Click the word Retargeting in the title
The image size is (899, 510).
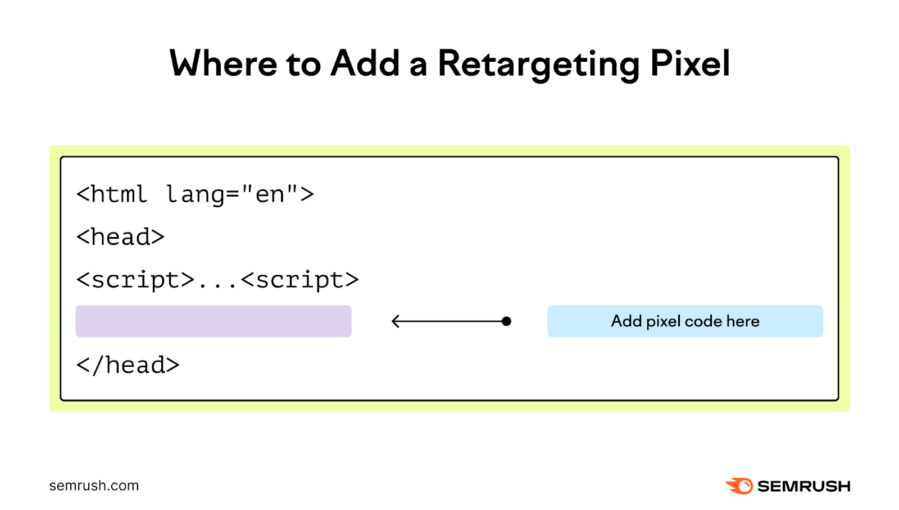(538, 63)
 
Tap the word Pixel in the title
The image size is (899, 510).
(690, 63)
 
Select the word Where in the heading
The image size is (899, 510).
(223, 63)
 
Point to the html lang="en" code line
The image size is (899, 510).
(195, 194)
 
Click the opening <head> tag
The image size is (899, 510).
(120, 237)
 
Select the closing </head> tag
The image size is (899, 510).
(128, 365)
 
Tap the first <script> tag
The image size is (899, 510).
(135, 280)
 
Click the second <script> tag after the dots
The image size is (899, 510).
(299, 280)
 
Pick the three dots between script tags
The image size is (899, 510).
(217, 284)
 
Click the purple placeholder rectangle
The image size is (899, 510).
(214, 321)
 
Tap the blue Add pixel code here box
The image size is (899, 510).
(685, 321)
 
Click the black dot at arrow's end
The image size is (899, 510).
(506, 321)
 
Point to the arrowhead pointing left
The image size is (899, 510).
(395, 321)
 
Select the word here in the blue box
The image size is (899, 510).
(743, 321)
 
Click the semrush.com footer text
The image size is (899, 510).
(94, 486)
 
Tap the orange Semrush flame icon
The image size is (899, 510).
(739, 486)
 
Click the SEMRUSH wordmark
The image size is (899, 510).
(803, 486)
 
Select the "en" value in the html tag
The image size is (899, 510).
(270, 194)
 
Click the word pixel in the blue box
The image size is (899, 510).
(663, 322)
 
